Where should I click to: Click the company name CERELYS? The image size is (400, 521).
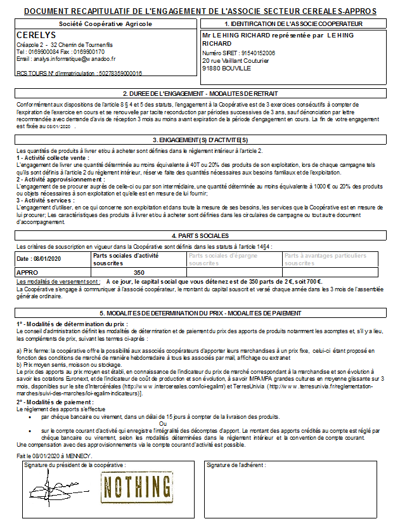(x=36, y=36)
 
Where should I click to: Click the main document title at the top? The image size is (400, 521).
(x=199, y=11)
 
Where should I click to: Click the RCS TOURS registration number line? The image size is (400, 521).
(x=79, y=73)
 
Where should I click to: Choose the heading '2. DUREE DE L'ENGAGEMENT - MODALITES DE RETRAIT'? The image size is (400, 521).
(x=200, y=93)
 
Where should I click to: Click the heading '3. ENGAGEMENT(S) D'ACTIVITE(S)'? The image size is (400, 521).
(x=200, y=140)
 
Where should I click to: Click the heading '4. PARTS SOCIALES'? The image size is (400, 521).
(x=200, y=235)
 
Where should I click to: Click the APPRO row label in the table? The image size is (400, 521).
(x=28, y=272)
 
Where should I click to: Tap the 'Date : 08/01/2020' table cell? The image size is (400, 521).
(x=39, y=259)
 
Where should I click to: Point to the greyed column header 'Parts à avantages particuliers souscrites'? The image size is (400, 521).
(x=325, y=259)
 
